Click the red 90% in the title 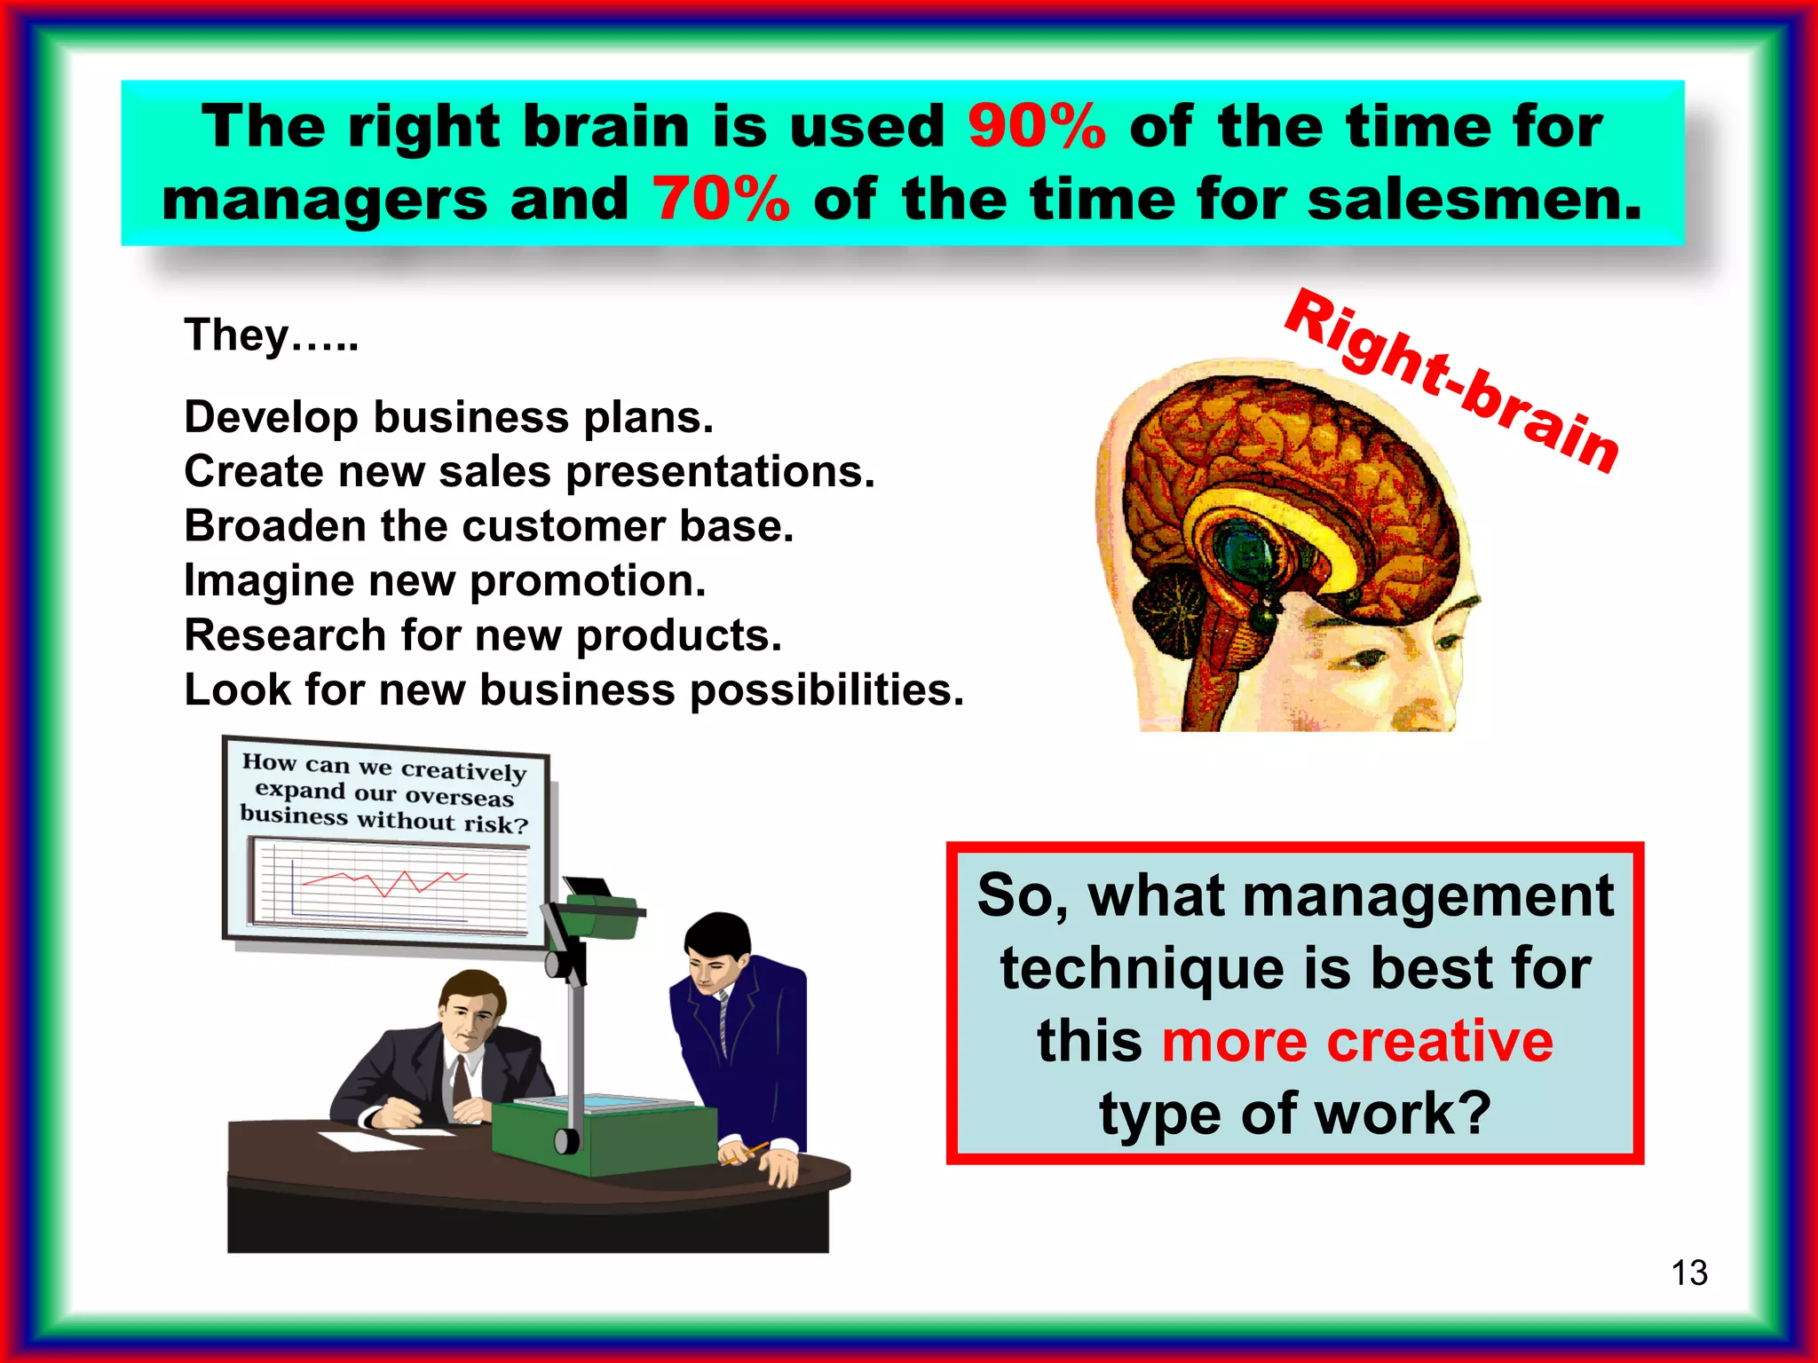[x=1036, y=127]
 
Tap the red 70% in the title [x=721, y=200]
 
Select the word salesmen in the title [x=1474, y=200]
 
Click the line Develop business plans [x=448, y=417]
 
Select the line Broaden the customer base [x=488, y=526]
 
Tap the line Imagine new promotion [x=445, y=581]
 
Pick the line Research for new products [x=483, y=635]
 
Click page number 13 [x=1688, y=1272]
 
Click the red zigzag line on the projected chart [x=386, y=882]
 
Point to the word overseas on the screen [x=459, y=796]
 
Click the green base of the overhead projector [x=604, y=1136]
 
